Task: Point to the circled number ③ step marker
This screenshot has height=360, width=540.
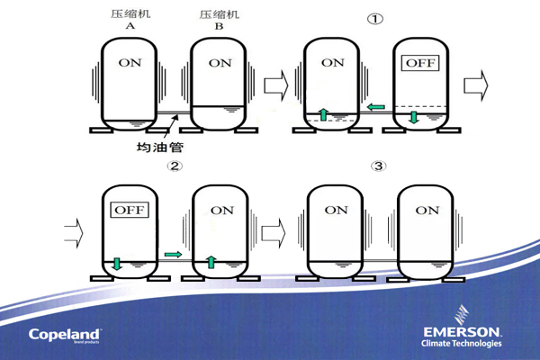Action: click(x=377, y=166)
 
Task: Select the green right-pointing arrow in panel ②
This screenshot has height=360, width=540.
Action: click(x=173, y=256)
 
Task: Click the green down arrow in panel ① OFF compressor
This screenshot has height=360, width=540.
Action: click(x=414, y=118)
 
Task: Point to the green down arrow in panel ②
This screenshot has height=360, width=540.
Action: click(x=118, y=264)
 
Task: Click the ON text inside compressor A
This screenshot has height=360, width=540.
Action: click(x=130, y=63)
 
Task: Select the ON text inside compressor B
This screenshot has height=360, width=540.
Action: click(x=220, y=63)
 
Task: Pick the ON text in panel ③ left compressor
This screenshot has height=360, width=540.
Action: click(x=335, y=210)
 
